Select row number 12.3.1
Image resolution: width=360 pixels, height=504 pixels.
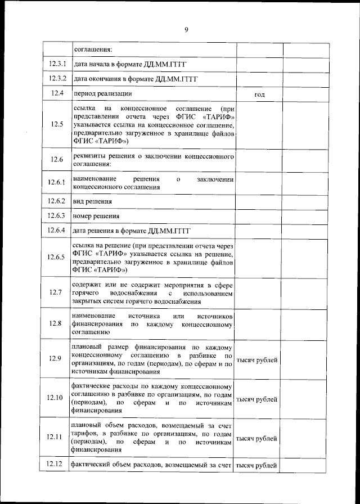pyautogui.click(x=57, y=64)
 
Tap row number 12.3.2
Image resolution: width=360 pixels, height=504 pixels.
pyautogui.click(x=57, y=78)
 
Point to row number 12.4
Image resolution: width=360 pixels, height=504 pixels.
pyautogui.click(x=56, y=93)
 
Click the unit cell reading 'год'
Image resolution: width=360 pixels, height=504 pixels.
pyautogui.click(x=259, y=94)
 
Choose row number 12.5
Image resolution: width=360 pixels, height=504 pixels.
pyautogui.click(x=56, y=124)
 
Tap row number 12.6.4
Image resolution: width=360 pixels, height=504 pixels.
pyautogui.click(x=57, y=230)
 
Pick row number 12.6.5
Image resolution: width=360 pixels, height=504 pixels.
pyautogui.click(x=57, y=257)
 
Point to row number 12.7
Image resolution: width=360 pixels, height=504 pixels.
pyautogui.click(x=55, y=292)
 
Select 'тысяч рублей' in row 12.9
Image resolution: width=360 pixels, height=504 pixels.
pyautogui.click(x=256, y=359)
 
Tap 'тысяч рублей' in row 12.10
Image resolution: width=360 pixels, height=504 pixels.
pyautogui.click(x=256, y=399)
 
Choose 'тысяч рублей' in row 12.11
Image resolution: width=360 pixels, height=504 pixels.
pyautogui.click(x=256, y=438)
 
